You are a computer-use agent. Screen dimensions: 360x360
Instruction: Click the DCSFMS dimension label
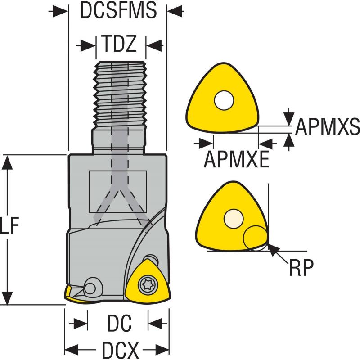pos(118,11)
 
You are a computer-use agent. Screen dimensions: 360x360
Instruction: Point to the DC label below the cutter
pos(119,323)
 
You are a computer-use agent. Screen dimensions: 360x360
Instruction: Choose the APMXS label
pos(327,127)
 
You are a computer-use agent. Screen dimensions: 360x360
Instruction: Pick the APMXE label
pos(237,158)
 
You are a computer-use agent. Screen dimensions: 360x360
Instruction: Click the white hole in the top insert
pos(224,101)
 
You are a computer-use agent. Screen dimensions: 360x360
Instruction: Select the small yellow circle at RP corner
pos(255,238)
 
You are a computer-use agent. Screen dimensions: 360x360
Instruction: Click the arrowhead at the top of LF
pos(6,162)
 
